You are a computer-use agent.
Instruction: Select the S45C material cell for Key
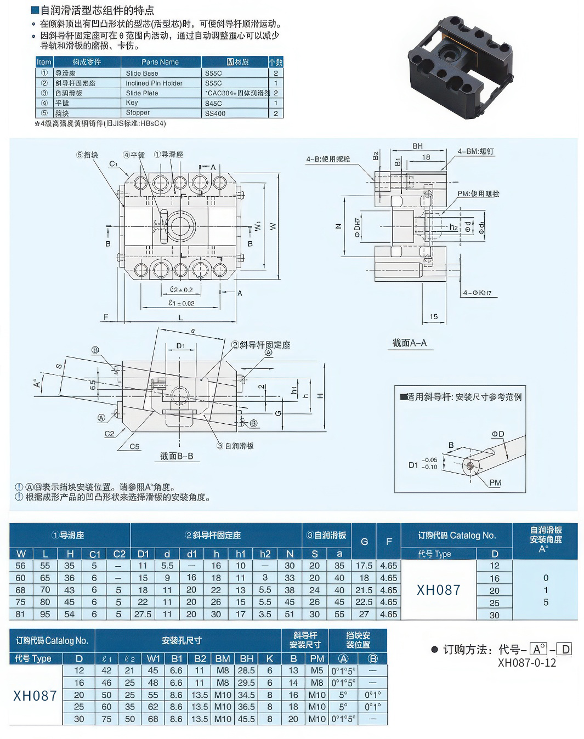(213, 103)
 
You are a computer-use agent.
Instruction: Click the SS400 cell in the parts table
(215, 113)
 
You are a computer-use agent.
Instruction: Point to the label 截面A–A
(409, 343)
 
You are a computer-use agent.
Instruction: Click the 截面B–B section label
(177, 456)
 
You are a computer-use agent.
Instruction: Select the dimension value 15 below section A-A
(433, 316)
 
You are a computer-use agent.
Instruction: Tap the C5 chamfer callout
(134, 446)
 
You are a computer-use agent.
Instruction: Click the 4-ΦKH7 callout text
(477, 293)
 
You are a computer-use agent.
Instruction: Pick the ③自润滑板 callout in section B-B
(235, 446)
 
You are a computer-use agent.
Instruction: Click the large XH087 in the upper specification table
(439, 590)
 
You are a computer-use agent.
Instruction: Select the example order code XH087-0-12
(526, 662)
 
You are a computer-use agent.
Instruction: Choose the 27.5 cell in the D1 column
(143, 615)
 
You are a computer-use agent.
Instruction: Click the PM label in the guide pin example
(495, 482)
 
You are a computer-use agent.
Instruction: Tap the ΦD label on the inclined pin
(497, 434)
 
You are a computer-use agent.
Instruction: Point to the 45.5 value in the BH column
(246, 719)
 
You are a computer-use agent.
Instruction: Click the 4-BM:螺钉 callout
(476, 151)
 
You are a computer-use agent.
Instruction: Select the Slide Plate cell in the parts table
(142, 93)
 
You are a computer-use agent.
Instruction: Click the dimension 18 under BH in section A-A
(426, 157)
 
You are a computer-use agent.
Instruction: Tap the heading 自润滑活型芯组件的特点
(97, 10)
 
